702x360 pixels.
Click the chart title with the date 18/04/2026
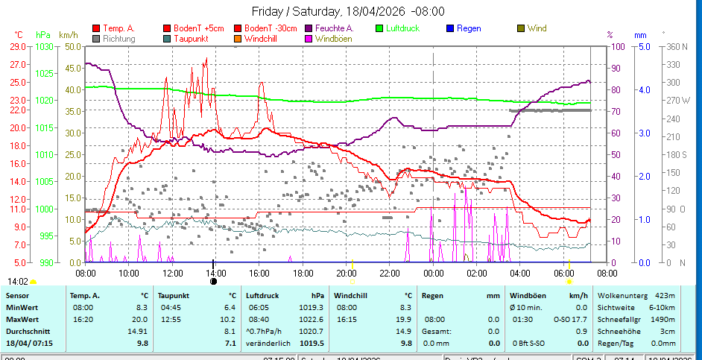click(x=348, y=10)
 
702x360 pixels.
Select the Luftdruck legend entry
click(x=402, y=28)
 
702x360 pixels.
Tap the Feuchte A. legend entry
click(x=334, y=28)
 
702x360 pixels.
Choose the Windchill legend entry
click(x=262, y=38)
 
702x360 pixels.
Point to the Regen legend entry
click(x=468, y=28)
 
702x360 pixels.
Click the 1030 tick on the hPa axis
click(x=44, y=46)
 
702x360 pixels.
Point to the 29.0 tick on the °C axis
click(x=19, y=46)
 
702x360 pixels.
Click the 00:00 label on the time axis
click(x=433, y=273)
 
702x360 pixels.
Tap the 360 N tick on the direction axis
click(x=674, y=46)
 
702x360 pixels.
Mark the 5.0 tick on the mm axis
click(x=642, y=46)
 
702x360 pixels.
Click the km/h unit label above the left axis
click(x=68, y=34)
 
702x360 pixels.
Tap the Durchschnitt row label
click(x=27, y=331)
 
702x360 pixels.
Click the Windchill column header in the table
click(x=355, y=295)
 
